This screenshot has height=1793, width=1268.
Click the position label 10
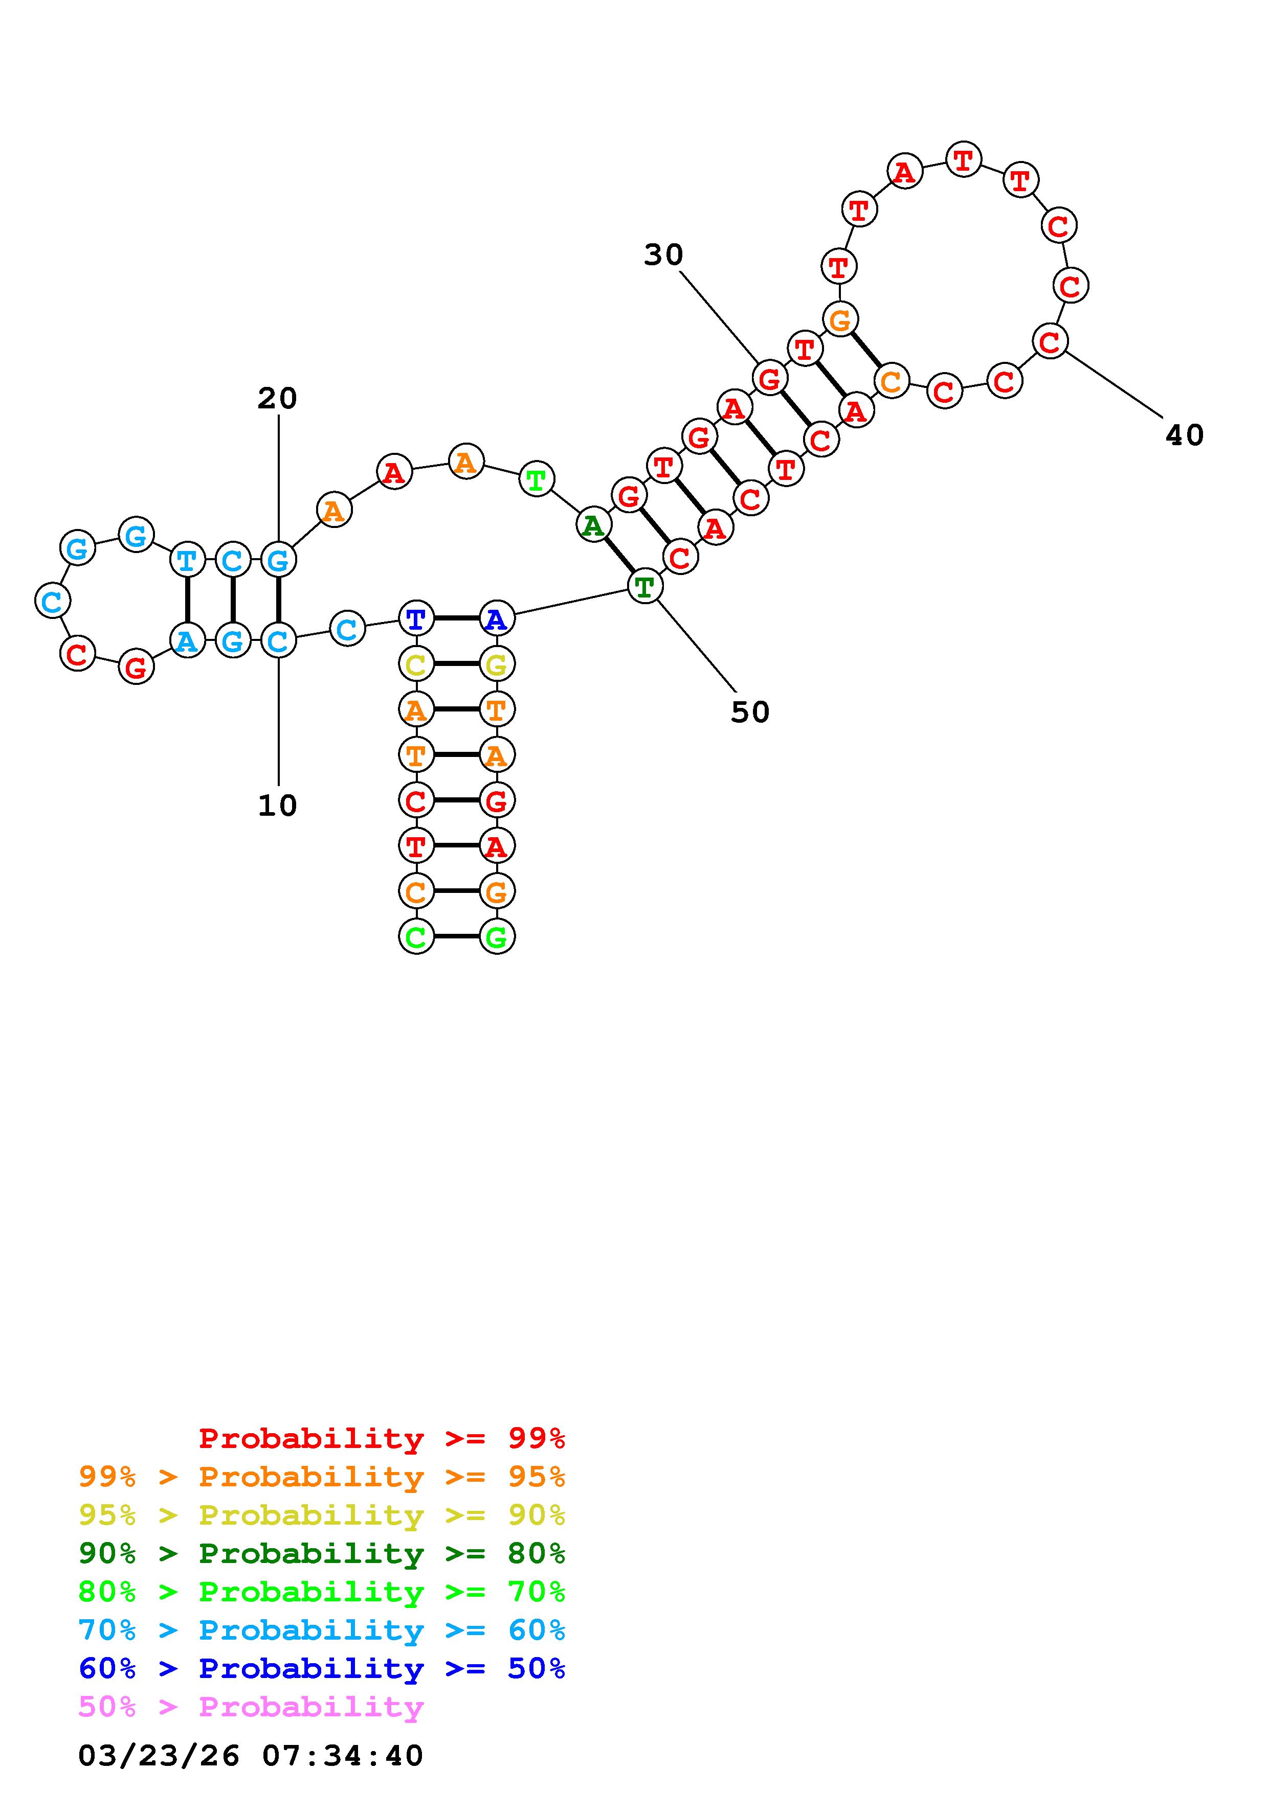coord(277,806)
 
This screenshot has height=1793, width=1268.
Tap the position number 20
coord(277,399)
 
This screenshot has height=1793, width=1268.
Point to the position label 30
coord(663,255)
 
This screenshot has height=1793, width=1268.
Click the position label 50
coord(750,712)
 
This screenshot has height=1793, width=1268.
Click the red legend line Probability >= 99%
coord(382,1438)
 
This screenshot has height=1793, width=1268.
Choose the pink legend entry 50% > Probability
coord(251,1707)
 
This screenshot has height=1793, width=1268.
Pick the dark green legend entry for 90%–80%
coord(322,1553)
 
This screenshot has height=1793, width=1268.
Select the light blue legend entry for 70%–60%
coord(322,1630)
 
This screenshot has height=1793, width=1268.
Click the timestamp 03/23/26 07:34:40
coord(251,1756)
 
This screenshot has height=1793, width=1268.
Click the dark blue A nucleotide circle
coord(497,619)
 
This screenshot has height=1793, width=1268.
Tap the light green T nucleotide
coord(536,479)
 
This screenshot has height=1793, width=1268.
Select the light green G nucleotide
coord(497,936)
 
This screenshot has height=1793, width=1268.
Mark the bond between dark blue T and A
coord(456,618)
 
